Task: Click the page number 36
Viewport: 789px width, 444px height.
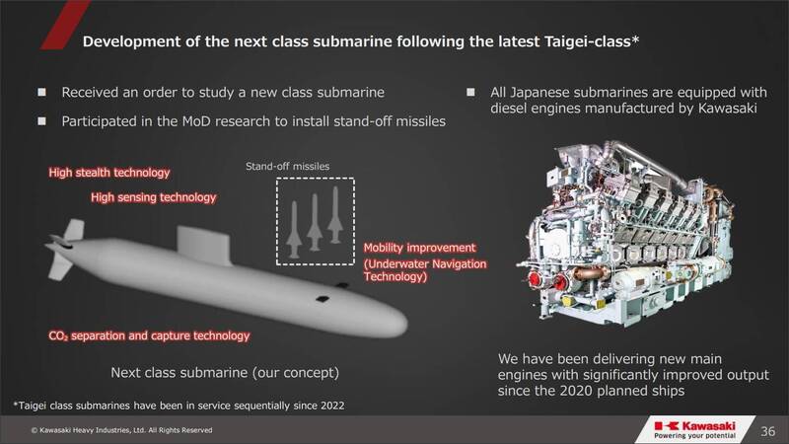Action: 768,431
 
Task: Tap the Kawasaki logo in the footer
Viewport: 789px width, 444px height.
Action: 695,429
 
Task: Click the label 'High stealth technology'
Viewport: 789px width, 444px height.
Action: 109,173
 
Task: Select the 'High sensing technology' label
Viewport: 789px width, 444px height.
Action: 154,197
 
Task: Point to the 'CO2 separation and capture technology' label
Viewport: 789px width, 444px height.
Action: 149,335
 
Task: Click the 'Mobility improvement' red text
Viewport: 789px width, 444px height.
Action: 420,248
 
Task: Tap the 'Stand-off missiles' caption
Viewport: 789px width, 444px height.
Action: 287,166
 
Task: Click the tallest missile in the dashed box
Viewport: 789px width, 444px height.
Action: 335,215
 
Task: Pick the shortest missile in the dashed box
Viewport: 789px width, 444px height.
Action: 294,230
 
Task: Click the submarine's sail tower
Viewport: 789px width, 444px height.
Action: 204,246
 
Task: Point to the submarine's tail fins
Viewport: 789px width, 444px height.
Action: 64,249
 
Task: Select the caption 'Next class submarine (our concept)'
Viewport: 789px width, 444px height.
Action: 225,373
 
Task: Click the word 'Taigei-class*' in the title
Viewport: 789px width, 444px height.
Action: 592,41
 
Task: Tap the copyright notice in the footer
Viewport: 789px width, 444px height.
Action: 121,430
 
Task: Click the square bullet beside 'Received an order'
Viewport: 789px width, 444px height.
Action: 41,92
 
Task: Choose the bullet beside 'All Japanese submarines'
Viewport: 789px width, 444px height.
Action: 470,92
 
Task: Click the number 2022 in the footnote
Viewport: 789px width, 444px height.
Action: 331,406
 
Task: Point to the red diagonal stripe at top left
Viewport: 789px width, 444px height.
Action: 65,24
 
